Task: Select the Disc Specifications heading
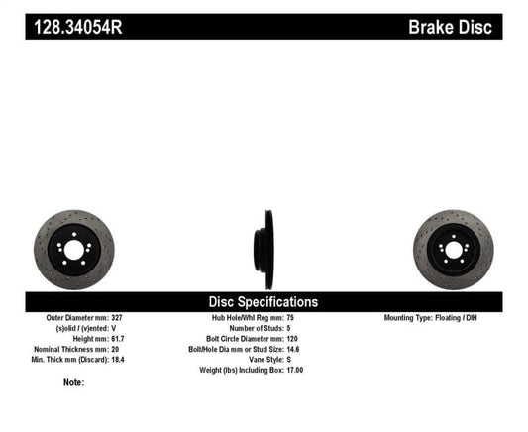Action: click(x=263, y=301)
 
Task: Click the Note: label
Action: click(x=73, y=382)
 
